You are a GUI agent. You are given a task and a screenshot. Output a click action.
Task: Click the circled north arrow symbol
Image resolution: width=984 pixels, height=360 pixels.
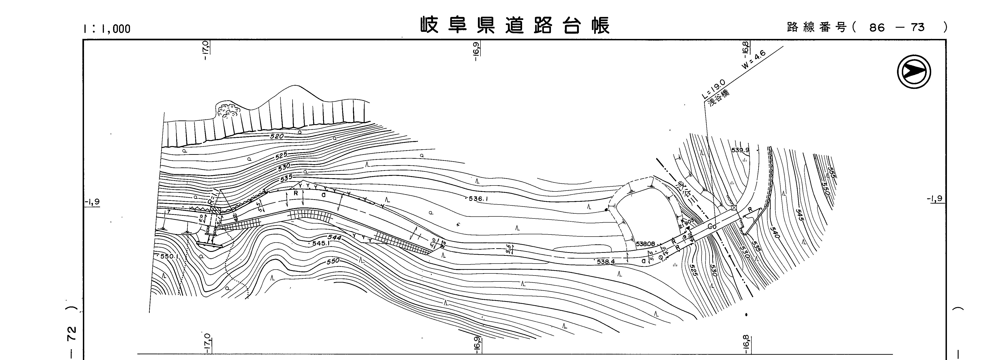(914, 72)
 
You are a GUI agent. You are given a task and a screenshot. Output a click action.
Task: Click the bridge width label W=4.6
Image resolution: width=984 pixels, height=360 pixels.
(754, 60)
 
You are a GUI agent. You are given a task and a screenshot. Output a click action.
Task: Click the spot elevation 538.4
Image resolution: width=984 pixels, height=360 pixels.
(606, 262)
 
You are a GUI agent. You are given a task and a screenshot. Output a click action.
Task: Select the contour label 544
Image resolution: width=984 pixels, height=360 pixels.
(334, 238)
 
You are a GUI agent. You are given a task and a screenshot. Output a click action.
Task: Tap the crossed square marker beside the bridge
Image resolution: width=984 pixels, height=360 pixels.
(733, 208)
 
